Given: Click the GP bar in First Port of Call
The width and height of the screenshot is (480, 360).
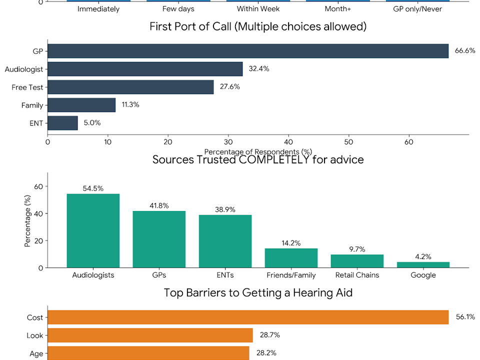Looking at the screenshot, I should (248, 51).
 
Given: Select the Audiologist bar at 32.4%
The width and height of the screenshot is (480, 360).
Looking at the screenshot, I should (145, 69).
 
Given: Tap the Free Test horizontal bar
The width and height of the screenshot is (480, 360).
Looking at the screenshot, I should (130, 87).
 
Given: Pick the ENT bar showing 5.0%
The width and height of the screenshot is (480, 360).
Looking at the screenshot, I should (62, 123).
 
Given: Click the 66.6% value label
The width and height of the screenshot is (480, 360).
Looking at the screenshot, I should (464, 51).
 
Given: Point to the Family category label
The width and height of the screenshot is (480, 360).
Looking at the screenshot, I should (32, 105).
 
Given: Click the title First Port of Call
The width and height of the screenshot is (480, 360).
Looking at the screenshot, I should (258, 26).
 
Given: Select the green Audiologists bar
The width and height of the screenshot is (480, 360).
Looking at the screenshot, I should (93, 230).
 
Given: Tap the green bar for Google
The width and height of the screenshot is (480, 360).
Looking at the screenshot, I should (423, 265).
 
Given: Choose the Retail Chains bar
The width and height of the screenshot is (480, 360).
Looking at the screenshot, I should (357, 261).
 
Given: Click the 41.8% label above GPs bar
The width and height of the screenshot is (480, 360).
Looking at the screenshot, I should (159, 205).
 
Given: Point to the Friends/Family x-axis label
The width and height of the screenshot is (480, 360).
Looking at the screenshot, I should (291, 275).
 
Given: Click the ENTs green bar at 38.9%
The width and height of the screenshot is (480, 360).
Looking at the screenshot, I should (225, 241).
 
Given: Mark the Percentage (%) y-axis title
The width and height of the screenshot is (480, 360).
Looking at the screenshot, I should (28, 220).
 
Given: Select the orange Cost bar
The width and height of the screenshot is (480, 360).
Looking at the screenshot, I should (248, 317).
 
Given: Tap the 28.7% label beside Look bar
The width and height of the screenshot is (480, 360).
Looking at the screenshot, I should (269, 335).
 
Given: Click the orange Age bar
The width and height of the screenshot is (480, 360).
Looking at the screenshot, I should (148, 353).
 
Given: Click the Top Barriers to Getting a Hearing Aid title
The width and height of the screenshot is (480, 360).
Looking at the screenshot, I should (258, 292).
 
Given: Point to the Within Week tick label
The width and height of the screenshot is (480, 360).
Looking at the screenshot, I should (257, 9).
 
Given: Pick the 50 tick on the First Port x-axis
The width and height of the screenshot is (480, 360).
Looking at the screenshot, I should (349, 141).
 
